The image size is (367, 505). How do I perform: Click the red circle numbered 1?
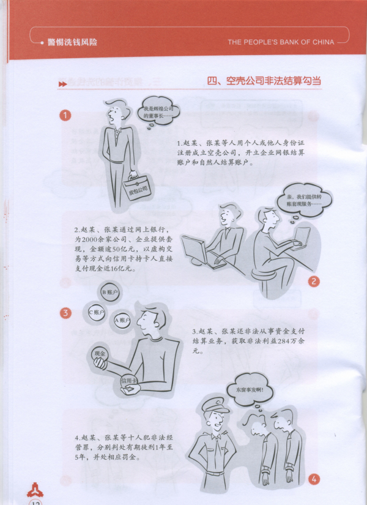tap(65, 115)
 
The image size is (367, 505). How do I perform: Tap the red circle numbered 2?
tap(314, 282)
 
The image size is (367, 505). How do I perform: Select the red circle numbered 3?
tap(65, 312)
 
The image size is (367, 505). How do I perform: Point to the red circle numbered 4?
tap(314, 479)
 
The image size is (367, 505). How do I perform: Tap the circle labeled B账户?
tap(109, 293)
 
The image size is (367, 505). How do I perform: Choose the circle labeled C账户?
tap(97, 312)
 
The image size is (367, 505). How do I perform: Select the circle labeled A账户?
tap(122, 320)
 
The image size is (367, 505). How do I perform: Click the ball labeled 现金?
tap(100, 354)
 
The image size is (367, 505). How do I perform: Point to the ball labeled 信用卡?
tap(128, 381)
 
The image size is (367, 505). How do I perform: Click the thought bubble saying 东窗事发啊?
tap(250, 390)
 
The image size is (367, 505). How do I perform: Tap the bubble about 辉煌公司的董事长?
tap(158, 112)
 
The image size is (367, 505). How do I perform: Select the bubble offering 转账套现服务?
tap(304, 200)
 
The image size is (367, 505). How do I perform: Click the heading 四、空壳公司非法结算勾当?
tap(264, 81)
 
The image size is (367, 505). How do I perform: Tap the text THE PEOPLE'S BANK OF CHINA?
tap(281, 42)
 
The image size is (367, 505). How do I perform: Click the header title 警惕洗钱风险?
tap(72, 42)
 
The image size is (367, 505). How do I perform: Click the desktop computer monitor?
tap(195, 249)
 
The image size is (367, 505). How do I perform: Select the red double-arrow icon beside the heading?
tap(62, 84)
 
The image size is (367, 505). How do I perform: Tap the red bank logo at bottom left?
tap(35, 490)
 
